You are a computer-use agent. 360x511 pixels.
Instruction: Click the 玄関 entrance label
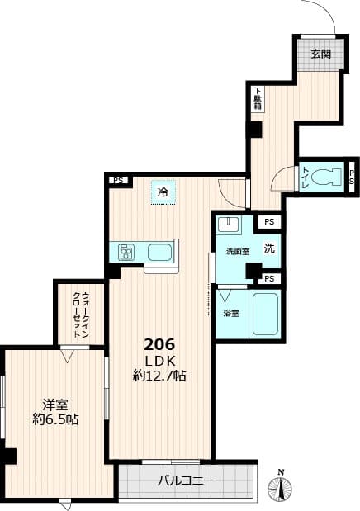(x=320, y=54)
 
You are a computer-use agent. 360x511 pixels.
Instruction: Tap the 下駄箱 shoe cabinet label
(x=258, y=100)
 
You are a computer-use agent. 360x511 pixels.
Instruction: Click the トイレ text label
(x=306, y=176)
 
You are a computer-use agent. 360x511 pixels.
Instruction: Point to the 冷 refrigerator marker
(x=163, y=193)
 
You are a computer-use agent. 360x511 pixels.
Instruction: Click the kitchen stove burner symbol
(x=127, y=251)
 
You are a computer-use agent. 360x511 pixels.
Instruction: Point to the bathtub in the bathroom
(x=264, y=314)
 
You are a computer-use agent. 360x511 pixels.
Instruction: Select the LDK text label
(x=159, y=360)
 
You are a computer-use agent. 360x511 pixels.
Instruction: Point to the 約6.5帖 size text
(x=55, y=419)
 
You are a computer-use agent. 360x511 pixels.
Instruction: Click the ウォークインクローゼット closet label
(x=79, y=315)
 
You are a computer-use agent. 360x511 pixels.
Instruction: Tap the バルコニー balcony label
(x=186, y=480)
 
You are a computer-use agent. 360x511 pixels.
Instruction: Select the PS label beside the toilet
(x=352, y=176)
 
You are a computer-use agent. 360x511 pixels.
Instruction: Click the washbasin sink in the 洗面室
(x=229, y=226)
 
